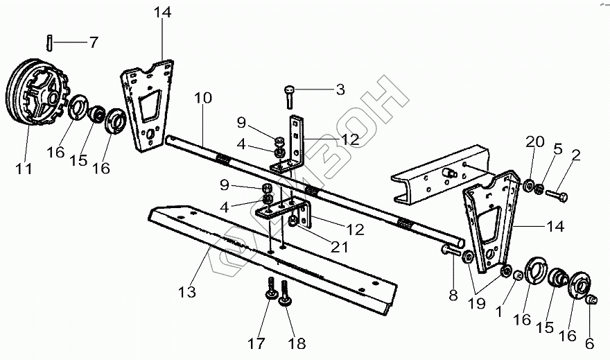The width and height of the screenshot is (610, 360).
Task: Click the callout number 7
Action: point(93,42)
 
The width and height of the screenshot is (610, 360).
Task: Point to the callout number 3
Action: point(340,89)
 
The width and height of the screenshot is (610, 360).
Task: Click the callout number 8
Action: point(453,295)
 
